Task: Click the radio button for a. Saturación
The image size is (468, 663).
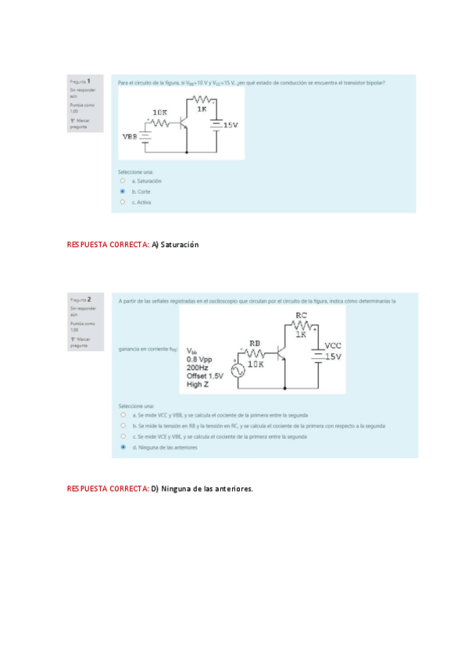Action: point(123,181)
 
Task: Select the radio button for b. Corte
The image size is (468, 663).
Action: point(123,191)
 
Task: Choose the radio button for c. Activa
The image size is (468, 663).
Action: point(123,202)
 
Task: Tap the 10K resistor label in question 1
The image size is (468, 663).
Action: point(159,113)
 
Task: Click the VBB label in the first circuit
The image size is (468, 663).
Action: point(130,136)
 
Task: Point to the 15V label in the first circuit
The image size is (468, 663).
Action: point(230,125)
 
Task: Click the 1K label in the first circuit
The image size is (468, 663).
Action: point(202,109)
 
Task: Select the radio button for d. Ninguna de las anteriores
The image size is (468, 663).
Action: point(123,447)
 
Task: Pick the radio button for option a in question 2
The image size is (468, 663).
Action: point(123,415)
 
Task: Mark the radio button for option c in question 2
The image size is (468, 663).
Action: point(123,436)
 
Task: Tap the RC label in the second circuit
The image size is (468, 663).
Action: point(302,316)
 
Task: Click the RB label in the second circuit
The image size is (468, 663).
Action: point(255,343)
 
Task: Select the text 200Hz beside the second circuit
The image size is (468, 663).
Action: point(199,367)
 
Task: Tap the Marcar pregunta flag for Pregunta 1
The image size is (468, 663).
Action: point(80,123)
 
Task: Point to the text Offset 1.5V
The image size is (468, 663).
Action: point(205,376)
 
